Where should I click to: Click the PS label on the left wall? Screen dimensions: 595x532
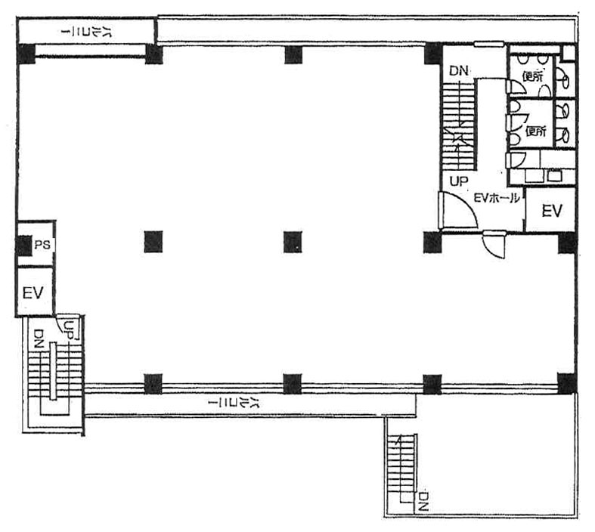[x=42, y=245]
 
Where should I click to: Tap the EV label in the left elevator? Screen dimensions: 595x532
[x=33, y=292]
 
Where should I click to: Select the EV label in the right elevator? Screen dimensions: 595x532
[x=552, y=210]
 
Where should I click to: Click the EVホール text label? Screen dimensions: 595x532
[x=497, y=198]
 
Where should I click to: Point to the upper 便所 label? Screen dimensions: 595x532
[x=533, y=76]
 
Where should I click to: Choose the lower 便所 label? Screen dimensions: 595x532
[x=536, y=131]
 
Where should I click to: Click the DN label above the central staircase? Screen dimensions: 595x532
[x=459, y=71]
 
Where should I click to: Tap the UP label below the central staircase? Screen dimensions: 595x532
[x=459, y=181]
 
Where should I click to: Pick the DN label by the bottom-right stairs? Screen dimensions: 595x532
[x=424, y=501]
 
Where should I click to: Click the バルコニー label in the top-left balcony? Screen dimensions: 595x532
[x=86, y=32]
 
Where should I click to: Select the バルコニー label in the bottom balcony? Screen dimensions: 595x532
[x=234, y=404]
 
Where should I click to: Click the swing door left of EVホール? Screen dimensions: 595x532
[x=457, y=210]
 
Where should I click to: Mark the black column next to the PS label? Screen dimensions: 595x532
[x=24, y=246]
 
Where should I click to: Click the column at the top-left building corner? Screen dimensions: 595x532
[x=26, y=54]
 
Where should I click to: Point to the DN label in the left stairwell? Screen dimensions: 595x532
[x=39, y=339]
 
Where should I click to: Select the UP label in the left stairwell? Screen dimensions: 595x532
[x=69, y=330]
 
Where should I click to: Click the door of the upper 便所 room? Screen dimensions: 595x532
[x=516, y=87]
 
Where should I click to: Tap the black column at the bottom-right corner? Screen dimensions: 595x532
[x=567, y=383]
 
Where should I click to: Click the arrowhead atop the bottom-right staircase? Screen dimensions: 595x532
[x=398, y=440]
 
